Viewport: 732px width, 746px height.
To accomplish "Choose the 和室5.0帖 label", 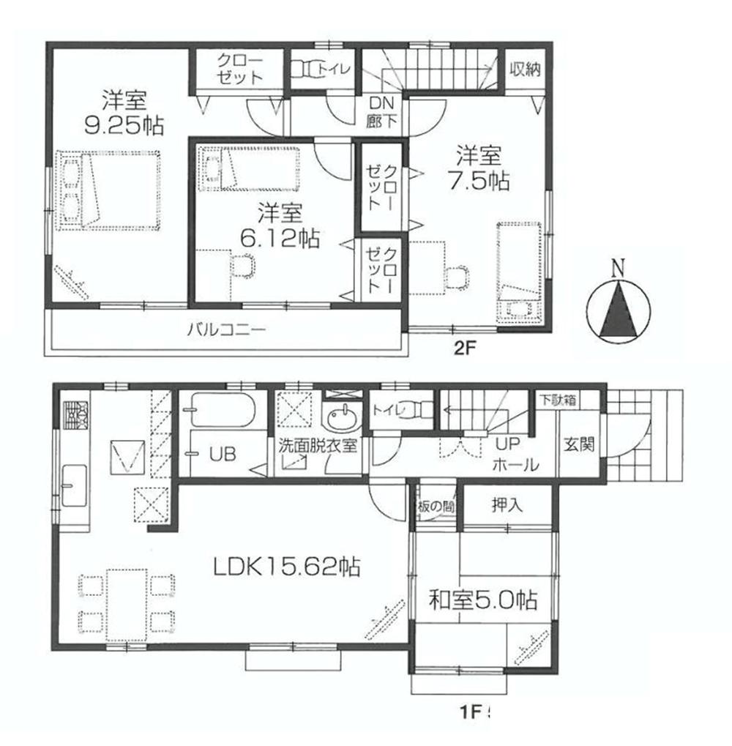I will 483,601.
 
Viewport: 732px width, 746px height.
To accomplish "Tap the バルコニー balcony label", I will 225,329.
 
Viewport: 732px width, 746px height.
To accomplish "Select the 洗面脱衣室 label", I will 316,445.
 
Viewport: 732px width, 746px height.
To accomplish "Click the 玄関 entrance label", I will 578,444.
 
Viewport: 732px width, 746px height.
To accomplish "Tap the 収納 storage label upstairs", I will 525,70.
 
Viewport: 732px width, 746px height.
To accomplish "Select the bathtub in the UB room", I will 220,411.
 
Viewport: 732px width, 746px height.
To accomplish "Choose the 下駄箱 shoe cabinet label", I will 557,400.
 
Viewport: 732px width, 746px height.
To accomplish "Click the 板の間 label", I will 437,505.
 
